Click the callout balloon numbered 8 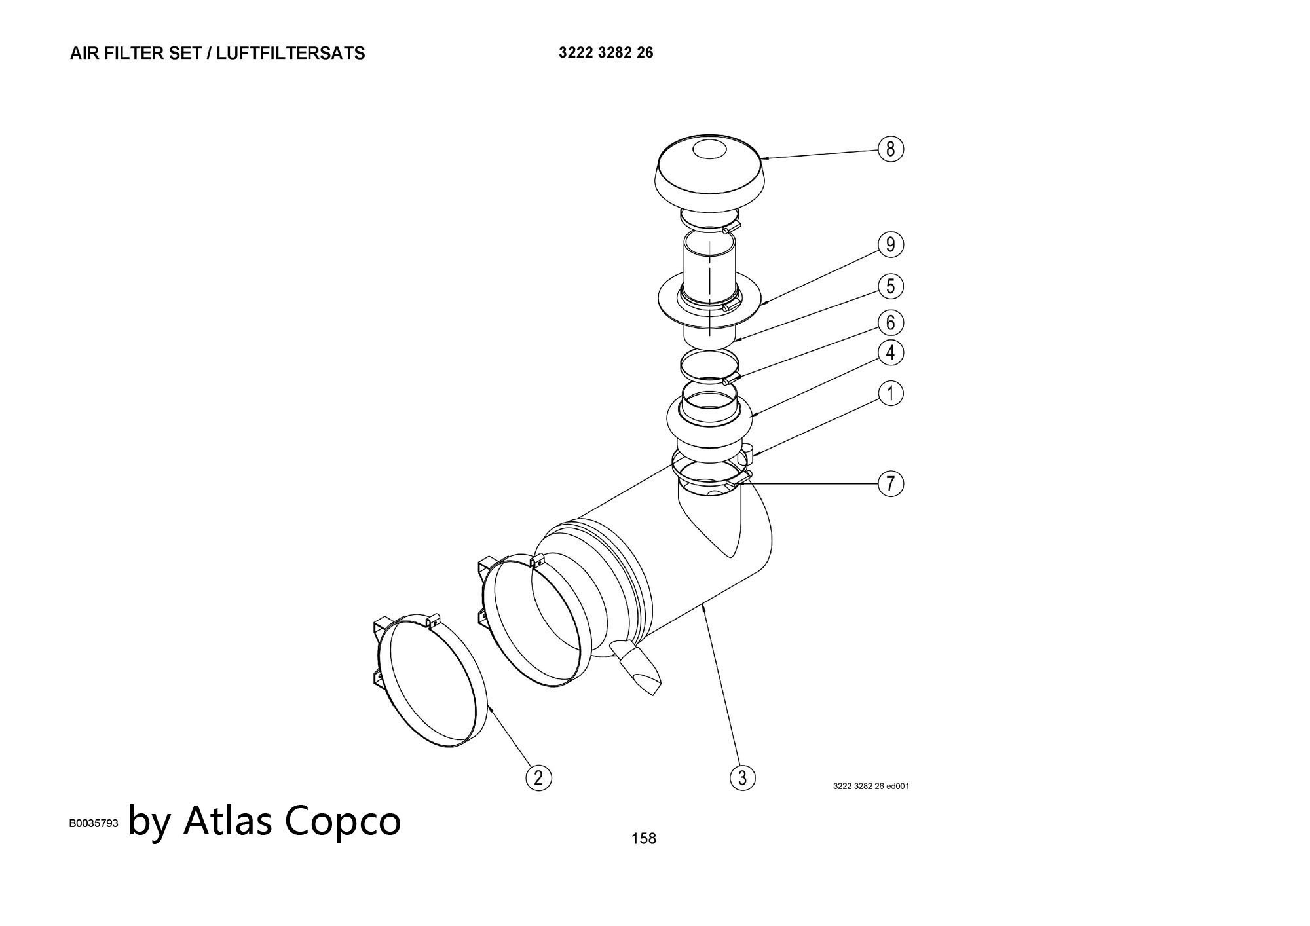[890, 149]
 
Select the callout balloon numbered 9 [890, 244]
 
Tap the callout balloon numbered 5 [890, 286]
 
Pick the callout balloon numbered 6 [890, 322]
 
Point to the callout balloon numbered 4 [890, 352]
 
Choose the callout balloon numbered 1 [890, 394]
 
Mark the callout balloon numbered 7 [890, 484]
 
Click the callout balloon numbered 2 [538, 778]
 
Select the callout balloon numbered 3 [742, 778]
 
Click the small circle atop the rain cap [709, 150]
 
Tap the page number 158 [643, 838]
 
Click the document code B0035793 [94, 824]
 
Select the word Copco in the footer [343, 821]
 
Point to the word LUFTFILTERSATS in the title [290, 54]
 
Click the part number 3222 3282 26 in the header [606, 53]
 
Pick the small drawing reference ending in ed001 [870, 786]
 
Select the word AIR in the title [84, 54]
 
